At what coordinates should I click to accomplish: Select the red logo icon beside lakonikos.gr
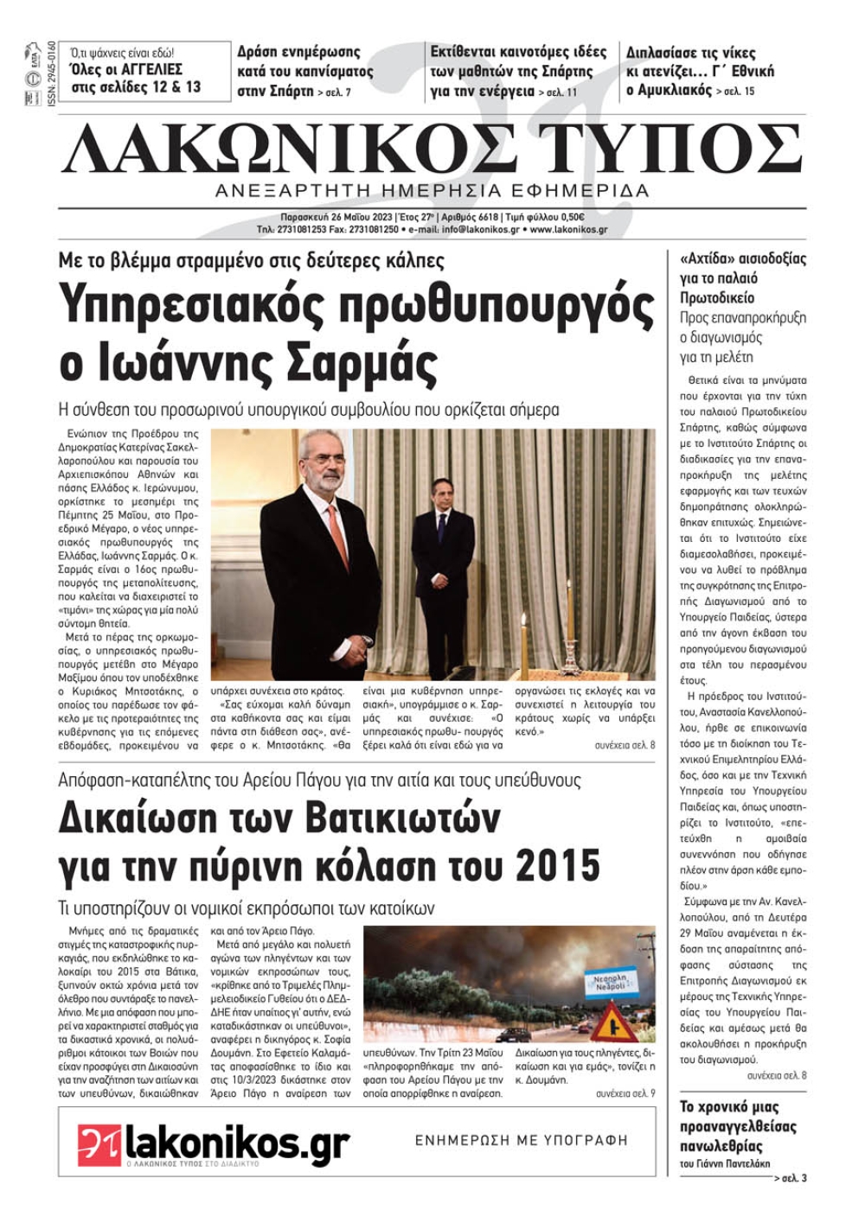tap(99, 1143)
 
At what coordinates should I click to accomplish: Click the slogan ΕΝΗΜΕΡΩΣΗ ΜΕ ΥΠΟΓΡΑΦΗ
tap(521, 1140)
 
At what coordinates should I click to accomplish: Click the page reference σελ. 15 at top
tap(736, 91)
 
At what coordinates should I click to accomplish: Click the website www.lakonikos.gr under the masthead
tap(568, 230)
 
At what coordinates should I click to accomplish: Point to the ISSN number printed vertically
tap(51, 74)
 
